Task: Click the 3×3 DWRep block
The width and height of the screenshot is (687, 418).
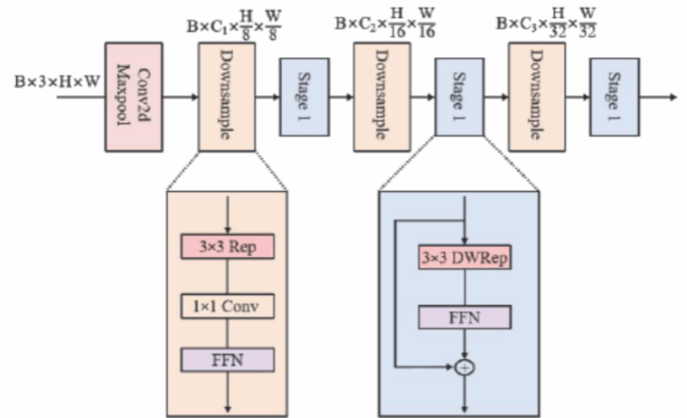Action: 464,256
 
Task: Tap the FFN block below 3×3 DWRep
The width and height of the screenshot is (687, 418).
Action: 464,316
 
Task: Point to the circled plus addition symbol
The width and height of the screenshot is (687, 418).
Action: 464,367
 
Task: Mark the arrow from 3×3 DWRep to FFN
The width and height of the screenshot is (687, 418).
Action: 464,287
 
